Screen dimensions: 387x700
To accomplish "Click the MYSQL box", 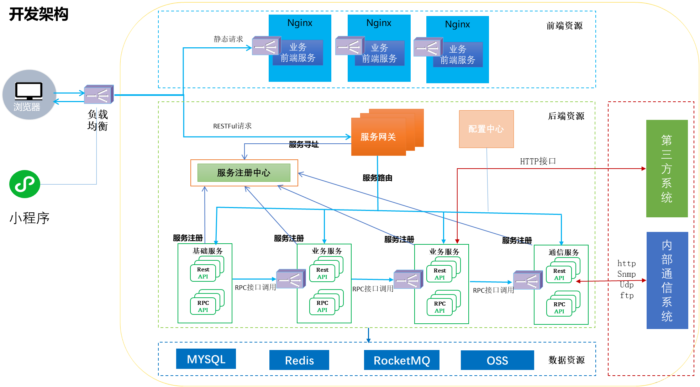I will point(206,359).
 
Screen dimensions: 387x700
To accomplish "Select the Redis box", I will point(299,360).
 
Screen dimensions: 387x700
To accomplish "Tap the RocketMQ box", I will point(402,360).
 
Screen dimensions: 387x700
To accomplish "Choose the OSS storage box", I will point(497,360).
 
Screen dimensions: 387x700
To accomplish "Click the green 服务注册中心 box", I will point(244,173).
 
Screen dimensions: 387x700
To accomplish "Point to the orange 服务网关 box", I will point(378,137).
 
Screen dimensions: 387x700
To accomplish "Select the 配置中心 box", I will point(486,129).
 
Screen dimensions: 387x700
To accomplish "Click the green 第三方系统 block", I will point(667,168).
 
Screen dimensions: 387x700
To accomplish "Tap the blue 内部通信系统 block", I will point(667,280).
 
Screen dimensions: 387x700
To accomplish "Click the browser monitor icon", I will point(29,91).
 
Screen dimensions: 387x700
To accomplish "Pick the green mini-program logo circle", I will point(25,184).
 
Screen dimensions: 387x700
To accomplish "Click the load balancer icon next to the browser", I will point(99,95).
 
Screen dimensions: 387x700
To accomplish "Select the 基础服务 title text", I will point(207,251).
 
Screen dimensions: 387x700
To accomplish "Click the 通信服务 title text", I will point(564,253).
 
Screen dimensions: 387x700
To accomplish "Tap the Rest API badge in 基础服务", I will point(203,273).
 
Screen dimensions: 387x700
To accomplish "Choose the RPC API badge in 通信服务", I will point(559,308).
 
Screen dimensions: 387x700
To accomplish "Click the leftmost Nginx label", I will point(300,23).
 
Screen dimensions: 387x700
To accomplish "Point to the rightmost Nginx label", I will point(457,25).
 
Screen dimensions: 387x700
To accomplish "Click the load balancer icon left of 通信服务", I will point(527,281).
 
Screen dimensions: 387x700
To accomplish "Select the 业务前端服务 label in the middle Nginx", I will point(379,53).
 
